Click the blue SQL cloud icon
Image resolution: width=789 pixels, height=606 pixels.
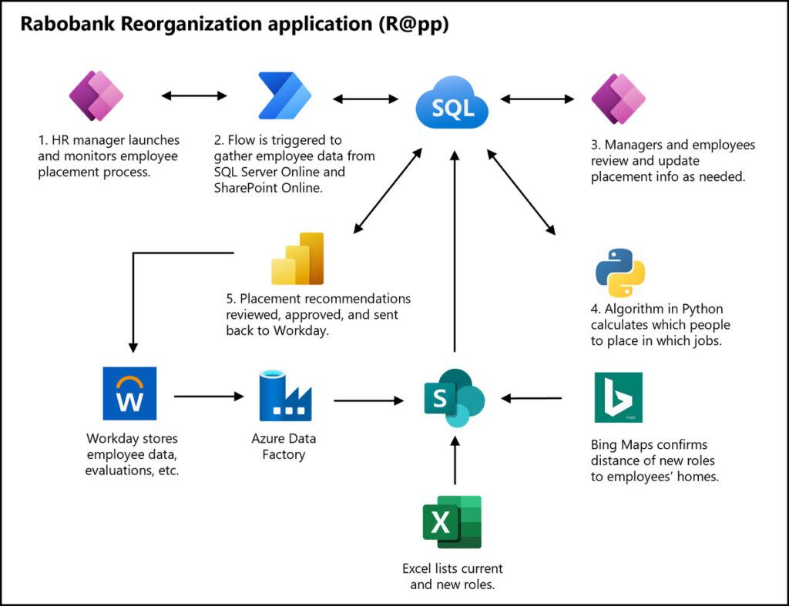pos(452,107)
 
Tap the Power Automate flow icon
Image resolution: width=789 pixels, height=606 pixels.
pos(284,97)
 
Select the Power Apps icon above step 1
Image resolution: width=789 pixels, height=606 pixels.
pos(96,97)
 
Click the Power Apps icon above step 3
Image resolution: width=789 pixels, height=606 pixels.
pos(618,99)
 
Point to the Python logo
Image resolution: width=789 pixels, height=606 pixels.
pos(620,273)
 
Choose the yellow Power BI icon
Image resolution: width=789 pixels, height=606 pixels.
pos(298,259)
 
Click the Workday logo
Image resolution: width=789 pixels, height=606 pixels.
pos(129,393)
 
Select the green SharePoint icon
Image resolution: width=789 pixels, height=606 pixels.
pos(454,398)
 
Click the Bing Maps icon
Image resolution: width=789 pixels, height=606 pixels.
pos(618,397)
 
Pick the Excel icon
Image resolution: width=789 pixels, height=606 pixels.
pos(452,522)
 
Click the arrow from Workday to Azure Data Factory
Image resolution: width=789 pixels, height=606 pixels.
pos(208,397)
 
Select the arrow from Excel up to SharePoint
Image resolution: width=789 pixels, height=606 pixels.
pos(455,460)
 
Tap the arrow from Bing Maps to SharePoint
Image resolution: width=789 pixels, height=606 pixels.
pos(532,398)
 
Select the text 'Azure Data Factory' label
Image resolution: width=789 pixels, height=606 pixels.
pos(284,447)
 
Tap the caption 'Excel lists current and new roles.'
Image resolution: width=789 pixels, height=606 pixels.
pos(452,576)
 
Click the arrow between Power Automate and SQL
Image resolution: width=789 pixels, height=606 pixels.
pos(365,99)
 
